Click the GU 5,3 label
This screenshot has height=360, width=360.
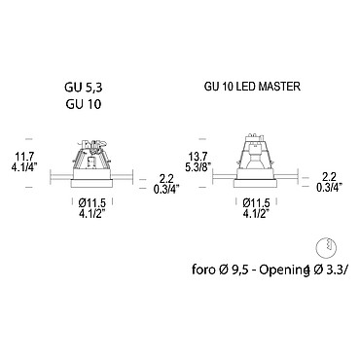pos(84,88)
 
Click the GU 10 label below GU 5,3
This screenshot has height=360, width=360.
pos(84,104)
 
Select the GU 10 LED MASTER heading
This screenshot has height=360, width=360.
pos(252,87)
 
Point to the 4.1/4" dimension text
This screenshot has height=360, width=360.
pos(24,167)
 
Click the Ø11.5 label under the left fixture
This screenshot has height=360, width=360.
pos(92,203)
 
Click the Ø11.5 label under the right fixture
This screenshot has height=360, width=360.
pos(256,203)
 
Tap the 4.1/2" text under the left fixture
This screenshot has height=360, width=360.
pos(92,214)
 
